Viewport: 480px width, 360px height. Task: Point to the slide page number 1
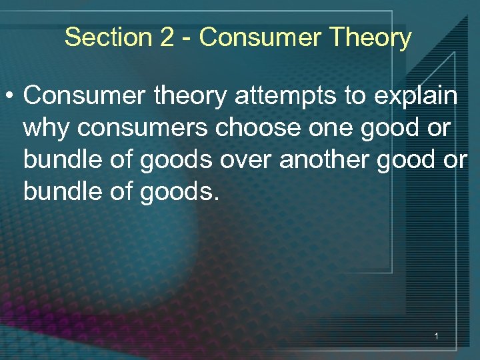[436, 337]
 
